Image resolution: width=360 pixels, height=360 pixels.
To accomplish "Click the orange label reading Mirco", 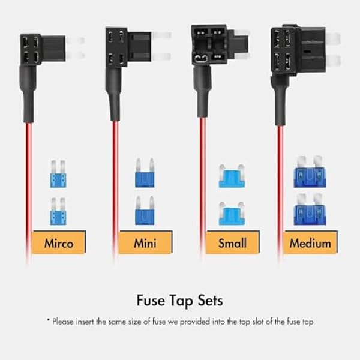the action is (x=59, y=242).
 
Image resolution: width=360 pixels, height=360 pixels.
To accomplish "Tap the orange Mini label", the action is (x=145, y=242).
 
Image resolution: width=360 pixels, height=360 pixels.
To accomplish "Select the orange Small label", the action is (x=232, y=242).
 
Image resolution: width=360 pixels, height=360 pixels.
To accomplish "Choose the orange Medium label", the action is (x=310, y=242).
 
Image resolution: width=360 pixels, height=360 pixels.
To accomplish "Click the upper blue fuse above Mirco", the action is (x=58, y=174).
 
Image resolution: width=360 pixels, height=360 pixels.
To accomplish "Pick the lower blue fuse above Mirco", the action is (x=58, y=211).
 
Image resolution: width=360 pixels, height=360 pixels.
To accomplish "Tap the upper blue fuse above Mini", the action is (x=145, y=173).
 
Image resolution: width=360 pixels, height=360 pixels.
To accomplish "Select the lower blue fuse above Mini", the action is (x=145, y=211).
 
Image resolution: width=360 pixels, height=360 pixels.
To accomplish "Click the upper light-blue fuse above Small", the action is (x=232, y=176).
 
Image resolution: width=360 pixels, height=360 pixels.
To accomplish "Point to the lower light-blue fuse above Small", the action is (x=232, y=214).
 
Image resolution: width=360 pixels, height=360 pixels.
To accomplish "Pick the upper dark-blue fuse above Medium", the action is (x=310, y=172).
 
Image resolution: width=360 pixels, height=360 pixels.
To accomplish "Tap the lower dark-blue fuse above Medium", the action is (x=310, y=209).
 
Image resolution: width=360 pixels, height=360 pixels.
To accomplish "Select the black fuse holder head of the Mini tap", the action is (x=128, y=47).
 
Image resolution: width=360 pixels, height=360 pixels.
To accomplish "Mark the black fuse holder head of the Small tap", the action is (x=220, y=45).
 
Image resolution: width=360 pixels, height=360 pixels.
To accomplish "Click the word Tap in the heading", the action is (x=181, y=301).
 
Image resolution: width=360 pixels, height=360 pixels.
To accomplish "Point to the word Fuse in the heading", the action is (x=151, y=301).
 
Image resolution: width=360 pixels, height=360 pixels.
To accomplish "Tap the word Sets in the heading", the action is (x=211, y=301).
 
